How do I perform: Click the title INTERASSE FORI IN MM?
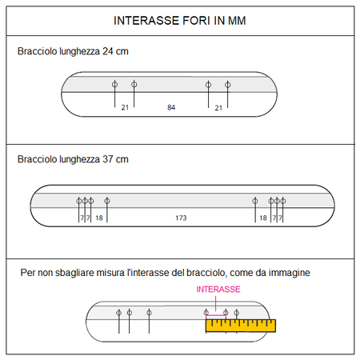click(180, 21)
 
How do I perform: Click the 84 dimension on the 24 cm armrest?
click(171, 107)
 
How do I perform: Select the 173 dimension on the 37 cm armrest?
click(181, 218)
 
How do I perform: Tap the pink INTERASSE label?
click(218, 290)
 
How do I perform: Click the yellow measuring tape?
click(241, 326)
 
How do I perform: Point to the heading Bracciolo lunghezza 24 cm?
click(73, 51)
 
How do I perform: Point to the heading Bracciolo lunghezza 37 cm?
click(73, 159)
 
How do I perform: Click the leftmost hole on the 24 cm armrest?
click(114, 84)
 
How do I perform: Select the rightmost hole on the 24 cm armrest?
click(227, 85)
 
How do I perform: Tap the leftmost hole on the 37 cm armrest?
click(79, 201)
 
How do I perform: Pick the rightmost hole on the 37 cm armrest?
click(283, 201)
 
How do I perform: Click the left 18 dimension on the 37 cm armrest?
click(99, 218)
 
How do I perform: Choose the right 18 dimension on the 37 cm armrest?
click(263, 218)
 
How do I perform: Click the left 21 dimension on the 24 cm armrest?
click(125, 107)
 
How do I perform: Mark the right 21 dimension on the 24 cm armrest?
click(218, 108)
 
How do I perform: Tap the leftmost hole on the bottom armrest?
click(119, 313)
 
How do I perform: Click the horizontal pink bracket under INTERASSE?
click(216, 315)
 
